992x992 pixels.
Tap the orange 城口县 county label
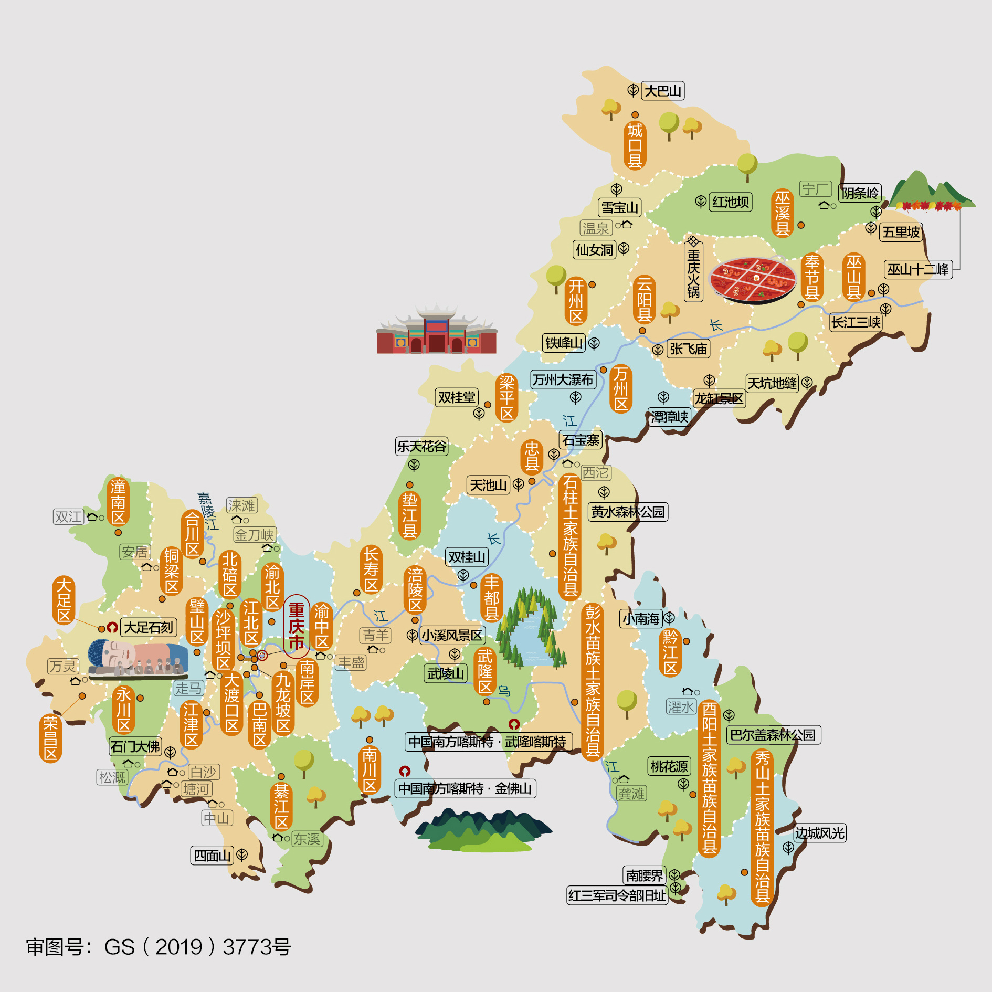[x=635, y=145]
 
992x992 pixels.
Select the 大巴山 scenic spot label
[x=662, y=91]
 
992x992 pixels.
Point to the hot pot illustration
[x=753, y=280]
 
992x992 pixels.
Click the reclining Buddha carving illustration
[x=138, y=658]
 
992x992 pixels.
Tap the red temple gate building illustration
[x=436, y=331]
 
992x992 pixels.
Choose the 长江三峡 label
[x=856, y=322]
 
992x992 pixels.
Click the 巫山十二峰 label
[x=918, y=270]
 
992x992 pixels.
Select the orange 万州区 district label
[x=621, y=389]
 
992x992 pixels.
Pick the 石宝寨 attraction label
[x=581, y=440]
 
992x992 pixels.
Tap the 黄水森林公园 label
[x=628, y=512]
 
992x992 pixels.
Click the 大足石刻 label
[x=149, y=627]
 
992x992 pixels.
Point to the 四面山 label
[x=212, y=856]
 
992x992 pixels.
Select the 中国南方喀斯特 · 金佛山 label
[x=465, y=788]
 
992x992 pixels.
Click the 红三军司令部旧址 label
[x=617, y=895]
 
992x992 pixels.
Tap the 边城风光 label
[x=819, y=833]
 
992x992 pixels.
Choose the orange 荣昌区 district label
[x=50, y=738]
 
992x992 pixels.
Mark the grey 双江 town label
[x=68, y=517]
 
